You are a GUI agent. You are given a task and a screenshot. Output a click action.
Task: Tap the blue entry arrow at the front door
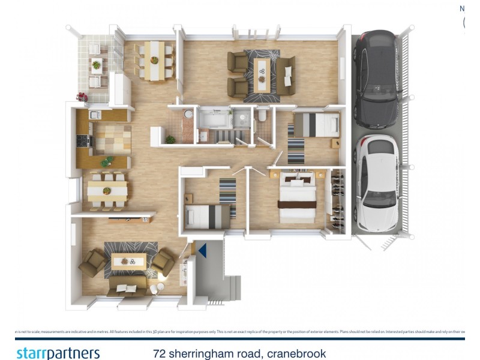point(203,250)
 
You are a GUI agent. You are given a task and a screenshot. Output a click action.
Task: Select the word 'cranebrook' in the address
point(296,353)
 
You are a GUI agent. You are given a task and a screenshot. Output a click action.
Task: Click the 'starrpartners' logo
point(58,353)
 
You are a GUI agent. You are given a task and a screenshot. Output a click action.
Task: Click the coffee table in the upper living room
point(262,73)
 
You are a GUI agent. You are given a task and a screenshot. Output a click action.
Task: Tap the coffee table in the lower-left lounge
point(128,261)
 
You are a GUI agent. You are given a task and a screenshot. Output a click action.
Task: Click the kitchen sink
point(94,115)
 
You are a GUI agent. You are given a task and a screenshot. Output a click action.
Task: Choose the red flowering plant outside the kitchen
point(82,97)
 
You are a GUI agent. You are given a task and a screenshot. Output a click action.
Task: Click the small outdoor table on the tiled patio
point(96,64)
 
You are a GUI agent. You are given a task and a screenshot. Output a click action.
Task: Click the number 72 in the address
point(159,353)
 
